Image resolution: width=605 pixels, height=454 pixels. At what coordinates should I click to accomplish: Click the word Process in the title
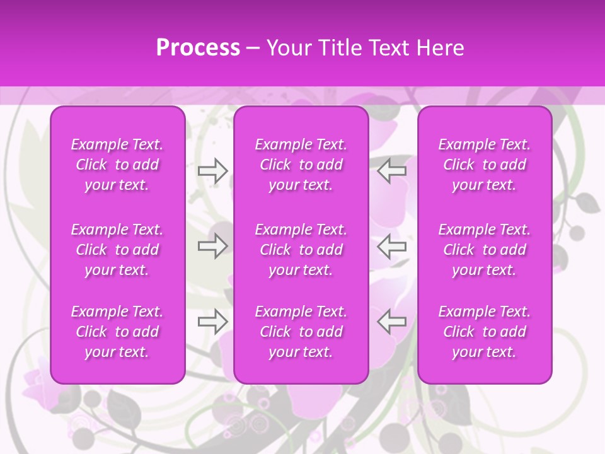(198, 48)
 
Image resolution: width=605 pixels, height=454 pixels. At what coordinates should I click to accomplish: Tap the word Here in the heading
(440, 48)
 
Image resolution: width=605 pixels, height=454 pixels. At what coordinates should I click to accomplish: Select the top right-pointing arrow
(212, 171)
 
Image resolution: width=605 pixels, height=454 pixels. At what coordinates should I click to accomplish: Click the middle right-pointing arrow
(212, 246)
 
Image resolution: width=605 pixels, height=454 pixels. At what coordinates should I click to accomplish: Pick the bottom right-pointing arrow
(212, 321)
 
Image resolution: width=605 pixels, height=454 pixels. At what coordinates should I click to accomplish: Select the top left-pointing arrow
(391, 171)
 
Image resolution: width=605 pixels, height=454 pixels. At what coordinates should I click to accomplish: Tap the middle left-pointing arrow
(391, 246)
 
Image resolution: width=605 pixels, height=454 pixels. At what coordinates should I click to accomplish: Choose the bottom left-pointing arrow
(391, 321)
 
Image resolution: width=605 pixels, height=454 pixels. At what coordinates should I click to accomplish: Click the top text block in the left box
(117, 165)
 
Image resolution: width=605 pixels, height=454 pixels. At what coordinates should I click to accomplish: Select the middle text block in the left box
(117, 250)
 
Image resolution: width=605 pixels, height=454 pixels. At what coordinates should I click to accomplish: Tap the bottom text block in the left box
(117, 332)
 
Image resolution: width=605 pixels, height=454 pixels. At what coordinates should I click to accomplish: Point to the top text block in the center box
(301, 165)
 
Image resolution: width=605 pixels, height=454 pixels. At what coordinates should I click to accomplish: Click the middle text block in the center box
(301, 250)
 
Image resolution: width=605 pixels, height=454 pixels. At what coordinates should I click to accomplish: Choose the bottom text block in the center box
(301, 332)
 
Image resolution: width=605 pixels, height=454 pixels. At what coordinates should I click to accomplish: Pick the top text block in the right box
(484, 165)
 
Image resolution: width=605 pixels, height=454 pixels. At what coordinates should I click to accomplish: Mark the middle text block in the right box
(484, 250)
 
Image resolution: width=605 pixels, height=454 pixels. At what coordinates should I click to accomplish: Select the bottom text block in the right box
(484, 332)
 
